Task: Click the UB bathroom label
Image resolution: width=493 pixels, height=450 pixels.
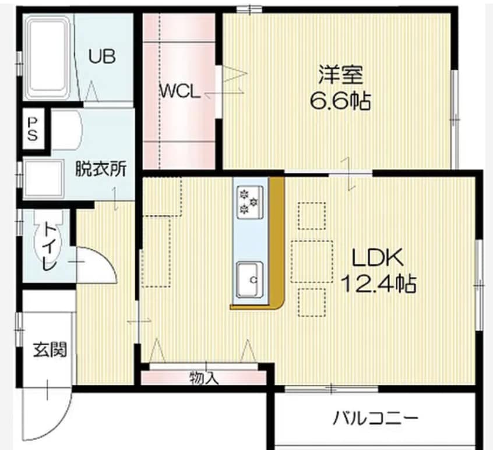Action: click(x=102, y=56)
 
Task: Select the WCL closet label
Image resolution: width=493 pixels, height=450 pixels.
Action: click(x=181, y=91)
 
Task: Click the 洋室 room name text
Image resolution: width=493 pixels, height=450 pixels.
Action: click(x=340, y=76)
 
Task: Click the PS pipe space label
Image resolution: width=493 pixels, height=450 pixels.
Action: click(x=33, y=129)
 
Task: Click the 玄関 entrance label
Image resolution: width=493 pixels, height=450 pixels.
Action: click(x=49, y=349)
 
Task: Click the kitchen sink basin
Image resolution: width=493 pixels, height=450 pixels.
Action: click(x=249, y=280)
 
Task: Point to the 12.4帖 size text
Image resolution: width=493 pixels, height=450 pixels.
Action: click(x=378, y=284)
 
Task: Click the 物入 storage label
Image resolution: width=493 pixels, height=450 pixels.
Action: click(x=203, y=378)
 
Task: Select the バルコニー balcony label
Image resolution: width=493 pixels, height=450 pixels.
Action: click(x=375, y=417)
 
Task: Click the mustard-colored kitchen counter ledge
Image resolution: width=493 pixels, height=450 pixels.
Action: click(x=277, y=245)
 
